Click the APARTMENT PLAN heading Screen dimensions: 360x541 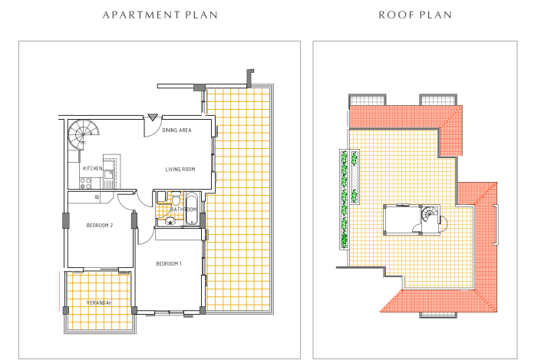[x=160, y=15]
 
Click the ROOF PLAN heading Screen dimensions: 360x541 [x=415, y=15]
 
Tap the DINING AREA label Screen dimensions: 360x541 [x=176, y=130]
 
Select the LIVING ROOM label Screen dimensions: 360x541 [x=180, y=170]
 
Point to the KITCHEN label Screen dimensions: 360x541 [x=93, y=167]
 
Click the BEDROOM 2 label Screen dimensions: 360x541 [x=100, y=225]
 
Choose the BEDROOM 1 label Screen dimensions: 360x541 [x=168, y=263]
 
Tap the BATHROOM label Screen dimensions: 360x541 [x=184, y=209]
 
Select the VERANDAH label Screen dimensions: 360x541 [x=99, y=303]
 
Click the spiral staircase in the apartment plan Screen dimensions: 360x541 [x=81, y=136]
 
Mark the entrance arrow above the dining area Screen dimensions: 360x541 [x=152, y=117]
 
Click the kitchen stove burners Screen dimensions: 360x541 [x=84, y=183]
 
